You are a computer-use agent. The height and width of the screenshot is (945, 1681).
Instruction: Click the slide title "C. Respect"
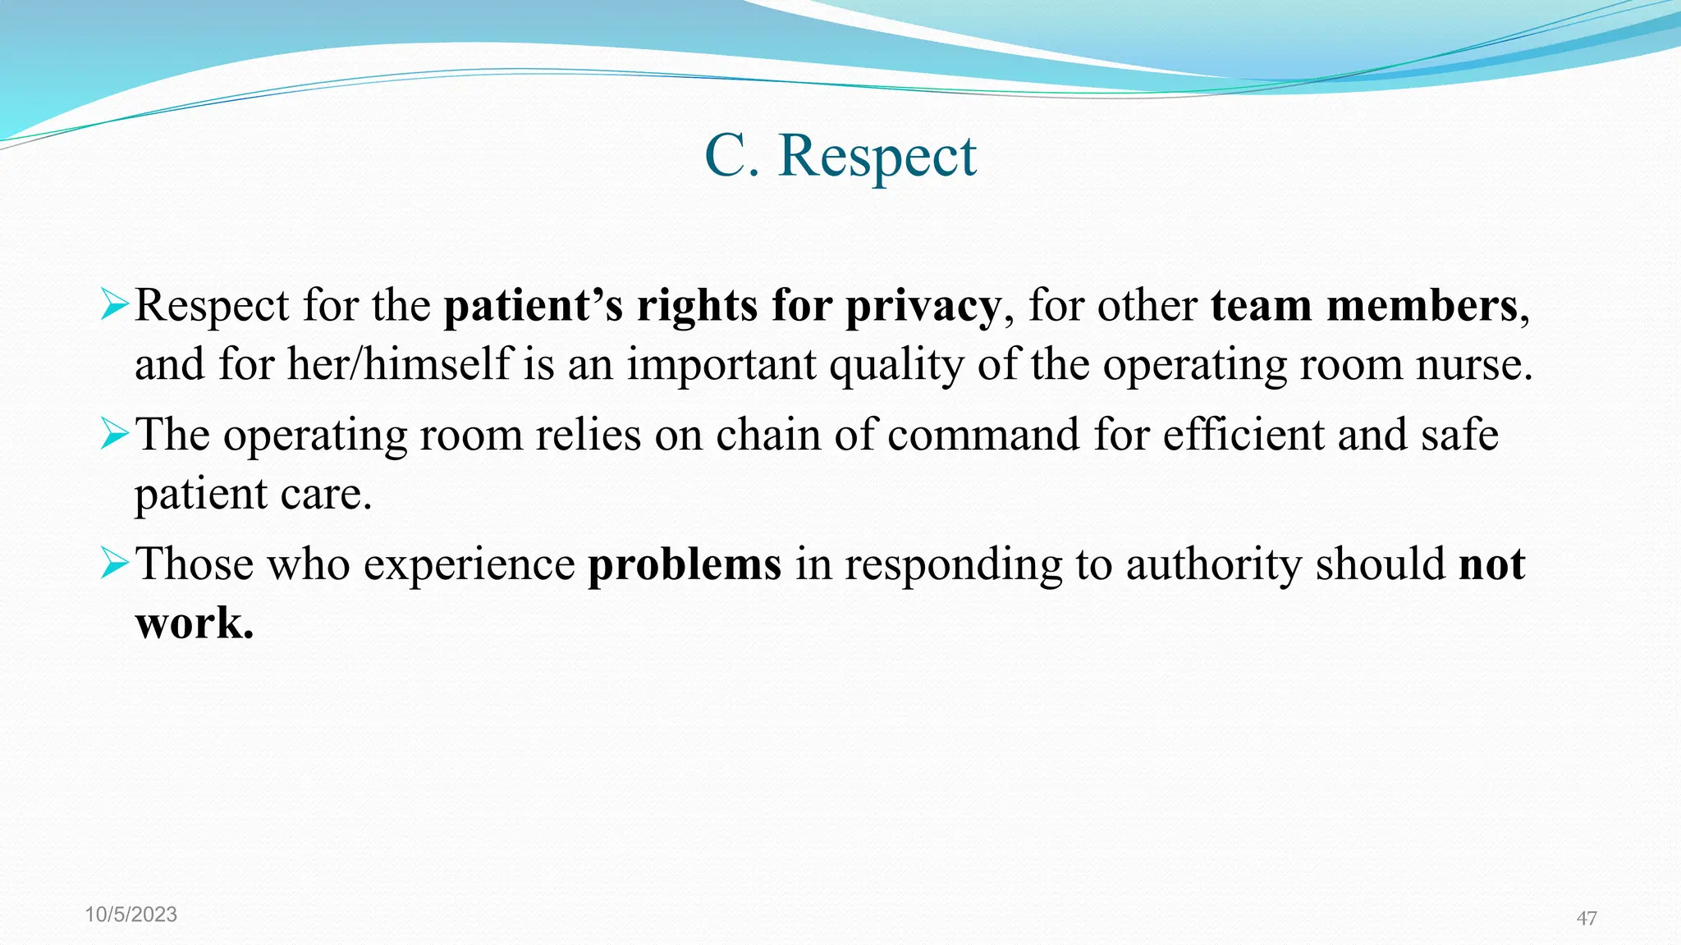[x=840, y=155]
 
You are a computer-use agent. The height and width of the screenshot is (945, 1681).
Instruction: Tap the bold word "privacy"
[x=923, y=307]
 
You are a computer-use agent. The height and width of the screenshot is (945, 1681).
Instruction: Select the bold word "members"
[x=1422, y=305]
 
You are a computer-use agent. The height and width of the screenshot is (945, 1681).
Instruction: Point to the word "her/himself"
[x=400, y=364]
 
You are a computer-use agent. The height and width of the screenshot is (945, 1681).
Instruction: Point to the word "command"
[x=983, y=435]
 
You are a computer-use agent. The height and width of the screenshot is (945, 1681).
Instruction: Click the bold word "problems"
[x=685, y=565]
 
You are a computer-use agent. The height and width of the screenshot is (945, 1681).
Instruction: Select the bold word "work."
[x=195, y=623]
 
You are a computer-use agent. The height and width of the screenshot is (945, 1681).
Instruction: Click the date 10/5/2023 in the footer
[x=131, y=915]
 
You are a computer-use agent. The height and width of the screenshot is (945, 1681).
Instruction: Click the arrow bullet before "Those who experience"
[x=114, y=564]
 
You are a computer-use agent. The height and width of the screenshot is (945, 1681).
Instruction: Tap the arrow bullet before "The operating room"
[x=114, y=433]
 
